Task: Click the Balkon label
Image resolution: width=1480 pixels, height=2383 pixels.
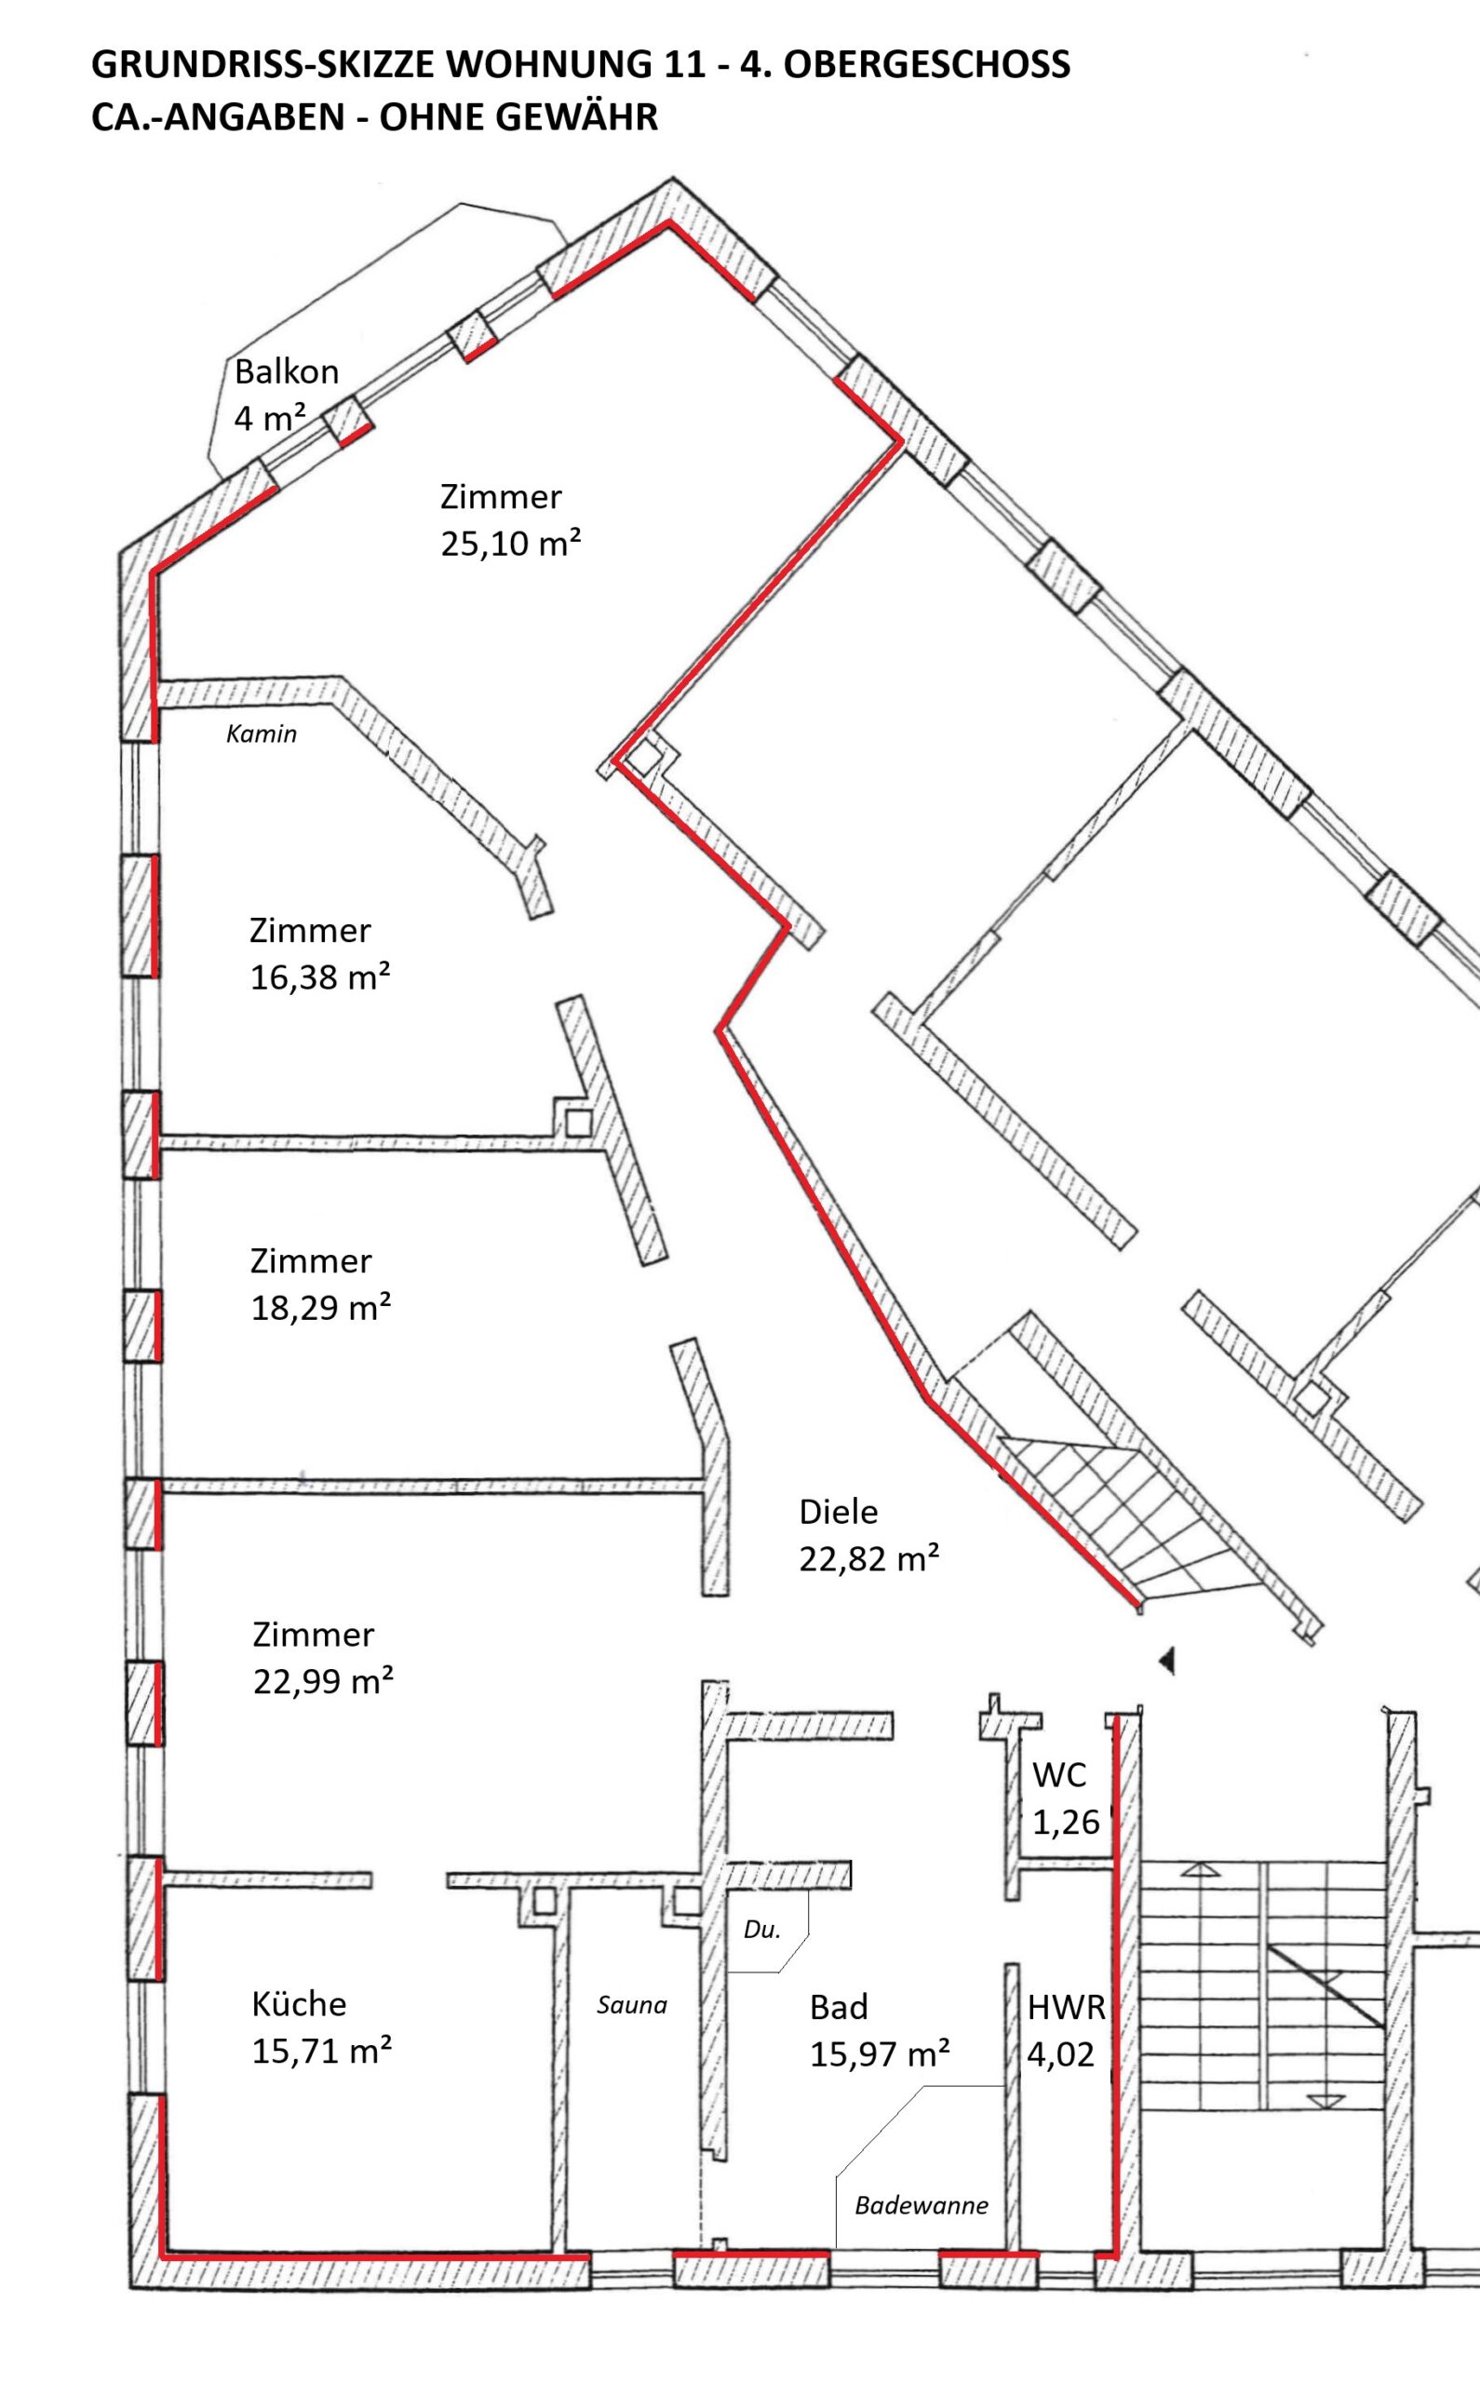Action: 287,372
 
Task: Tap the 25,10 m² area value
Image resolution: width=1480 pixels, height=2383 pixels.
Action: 511,545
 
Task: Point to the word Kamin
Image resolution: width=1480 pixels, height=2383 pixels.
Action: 262,734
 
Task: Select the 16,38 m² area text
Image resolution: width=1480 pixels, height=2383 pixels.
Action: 321,976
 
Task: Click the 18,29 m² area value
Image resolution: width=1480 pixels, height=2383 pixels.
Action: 321,1308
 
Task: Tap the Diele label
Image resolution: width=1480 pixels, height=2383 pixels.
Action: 839,1512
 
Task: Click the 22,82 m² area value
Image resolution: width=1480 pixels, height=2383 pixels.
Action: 869,1559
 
